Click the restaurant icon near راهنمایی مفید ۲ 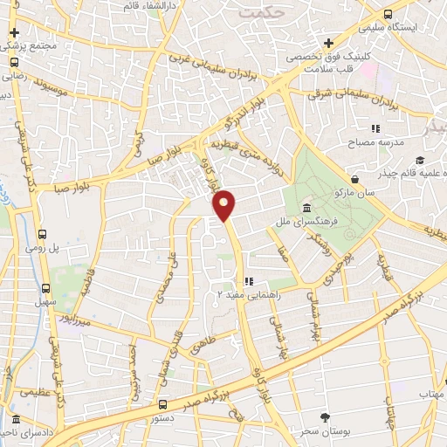point(249,281)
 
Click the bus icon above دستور point(163,404)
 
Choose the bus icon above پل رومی point(43,233)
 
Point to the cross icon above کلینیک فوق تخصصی point(328,43)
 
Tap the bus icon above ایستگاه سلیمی point(388,14)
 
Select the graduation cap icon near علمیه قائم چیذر point(420,159)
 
